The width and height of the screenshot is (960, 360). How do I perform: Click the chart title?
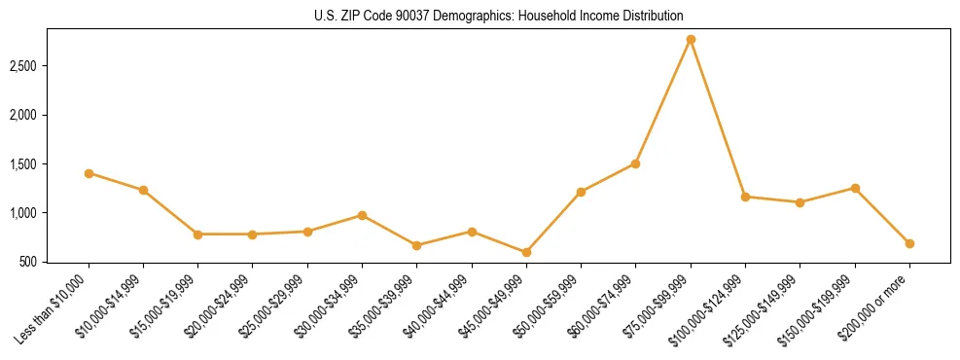point(498,17)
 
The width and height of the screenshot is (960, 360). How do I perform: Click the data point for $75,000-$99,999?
point(691,40)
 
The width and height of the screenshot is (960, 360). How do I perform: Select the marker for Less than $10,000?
point(89,173)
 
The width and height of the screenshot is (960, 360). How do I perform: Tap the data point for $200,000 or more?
point(909,243)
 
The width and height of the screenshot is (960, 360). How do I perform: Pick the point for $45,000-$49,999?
point(526,252)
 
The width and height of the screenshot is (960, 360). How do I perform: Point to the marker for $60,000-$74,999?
point(635,163)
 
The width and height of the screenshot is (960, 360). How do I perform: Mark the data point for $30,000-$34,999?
point(362,215)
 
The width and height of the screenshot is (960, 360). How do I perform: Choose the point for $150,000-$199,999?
point(855,188)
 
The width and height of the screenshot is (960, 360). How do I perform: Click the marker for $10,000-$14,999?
point(143,190)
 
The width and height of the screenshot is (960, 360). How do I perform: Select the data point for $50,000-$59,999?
point(581,192)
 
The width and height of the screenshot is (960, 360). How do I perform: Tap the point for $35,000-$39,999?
point(416,245)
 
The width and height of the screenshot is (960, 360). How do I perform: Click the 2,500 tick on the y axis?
point(22,66)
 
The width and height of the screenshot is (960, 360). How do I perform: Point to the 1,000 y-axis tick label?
point(22,213)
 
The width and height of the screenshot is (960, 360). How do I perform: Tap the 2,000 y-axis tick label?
point(22,115)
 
